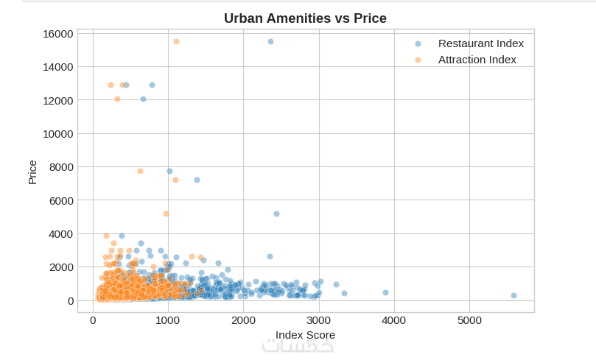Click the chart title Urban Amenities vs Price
[305, 18]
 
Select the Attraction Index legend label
[477, 60]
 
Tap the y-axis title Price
[32, 172]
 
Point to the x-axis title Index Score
[305, 335]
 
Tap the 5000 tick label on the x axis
[469, 320]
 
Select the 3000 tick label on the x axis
[319, 320]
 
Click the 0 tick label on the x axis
[93, 320]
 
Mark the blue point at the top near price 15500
[270, 41]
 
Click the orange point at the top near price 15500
[176, 41]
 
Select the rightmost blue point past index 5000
[513, 295]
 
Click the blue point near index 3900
[385, 292]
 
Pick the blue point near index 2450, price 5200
[276, 213]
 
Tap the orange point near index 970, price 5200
[166, 213]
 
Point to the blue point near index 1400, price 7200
[197, 180]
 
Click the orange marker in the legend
[418, 60]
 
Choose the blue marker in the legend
[418, 43]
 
